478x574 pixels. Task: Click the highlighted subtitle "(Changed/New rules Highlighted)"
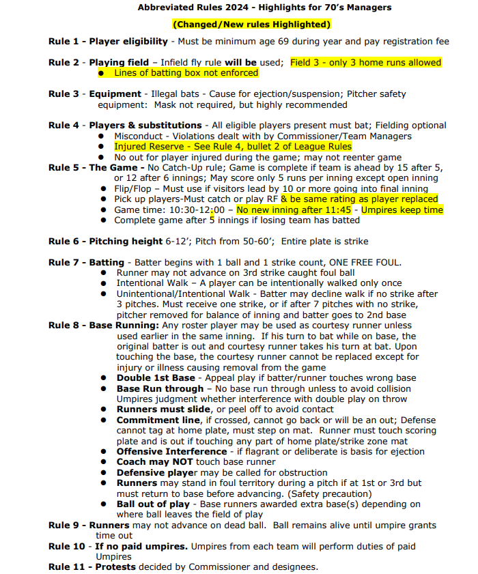point(251,25)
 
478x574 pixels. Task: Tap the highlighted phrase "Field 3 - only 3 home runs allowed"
point(366,63)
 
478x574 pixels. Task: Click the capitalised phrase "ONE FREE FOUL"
point(369,263)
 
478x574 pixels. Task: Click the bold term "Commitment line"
point(158,420)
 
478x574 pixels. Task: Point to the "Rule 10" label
point(66,546)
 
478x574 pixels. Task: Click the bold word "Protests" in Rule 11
point(116,567)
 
